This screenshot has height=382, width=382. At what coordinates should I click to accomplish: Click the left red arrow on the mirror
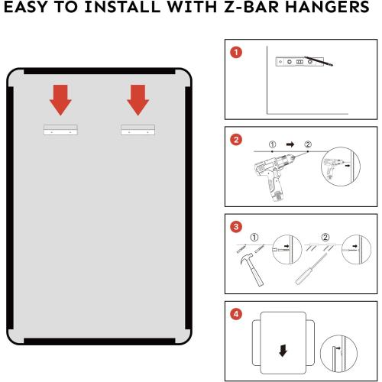pyautogui.click(x=60, y=99)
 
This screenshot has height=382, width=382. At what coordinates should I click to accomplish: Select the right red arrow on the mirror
pyautogui.click(x=138, y=99)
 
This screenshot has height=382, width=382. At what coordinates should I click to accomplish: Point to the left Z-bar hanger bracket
pyautogui.click(x=61, y=131)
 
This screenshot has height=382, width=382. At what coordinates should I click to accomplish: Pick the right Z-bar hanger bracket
pyautogui.click(x=138, y=131)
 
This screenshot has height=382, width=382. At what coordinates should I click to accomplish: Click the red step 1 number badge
pyautogui.click(x=238, y=53)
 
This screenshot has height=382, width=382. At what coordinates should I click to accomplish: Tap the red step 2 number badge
pyautogui.click(x=238, y=139)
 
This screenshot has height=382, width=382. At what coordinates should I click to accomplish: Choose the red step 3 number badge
pyautogui.click(x=238, y=227)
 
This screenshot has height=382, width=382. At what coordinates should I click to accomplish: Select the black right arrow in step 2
pyautogui.click(x=290, y=144)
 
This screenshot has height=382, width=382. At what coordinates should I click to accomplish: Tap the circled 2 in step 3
pyautogui.click(x=325, y=237)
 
